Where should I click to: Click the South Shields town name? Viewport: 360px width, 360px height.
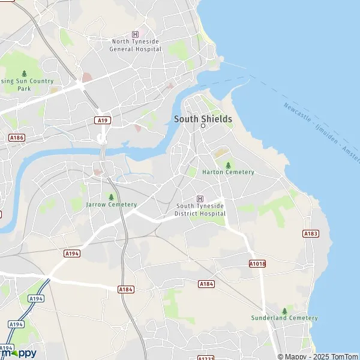click(203, 119)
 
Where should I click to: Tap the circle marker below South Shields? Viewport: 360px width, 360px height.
click(203, 126)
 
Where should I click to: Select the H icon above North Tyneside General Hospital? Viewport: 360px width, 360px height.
click(136, 34)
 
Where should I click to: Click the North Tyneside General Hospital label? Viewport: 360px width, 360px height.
click(136, 45)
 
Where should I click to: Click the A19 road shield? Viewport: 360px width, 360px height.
click(103, 121)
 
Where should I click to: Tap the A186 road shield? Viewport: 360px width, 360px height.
click(17, 138)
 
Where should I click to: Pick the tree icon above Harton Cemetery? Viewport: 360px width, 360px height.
click(228, 164)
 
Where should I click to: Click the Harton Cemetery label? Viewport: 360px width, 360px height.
click(228, 172)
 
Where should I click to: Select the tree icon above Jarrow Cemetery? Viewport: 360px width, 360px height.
click(111, 196)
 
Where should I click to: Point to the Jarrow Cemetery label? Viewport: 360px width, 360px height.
click(111, 205)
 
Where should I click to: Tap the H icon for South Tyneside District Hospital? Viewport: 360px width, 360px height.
click(200, 199)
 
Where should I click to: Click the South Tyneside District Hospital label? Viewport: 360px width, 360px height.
click(200, 210)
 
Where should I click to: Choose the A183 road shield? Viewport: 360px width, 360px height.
click(310, 233)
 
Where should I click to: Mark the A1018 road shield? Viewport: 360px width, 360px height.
click(257, 263)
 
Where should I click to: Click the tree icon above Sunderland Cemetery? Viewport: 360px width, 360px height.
click(284, 310)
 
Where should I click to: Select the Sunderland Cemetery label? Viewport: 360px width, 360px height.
click(284, 318)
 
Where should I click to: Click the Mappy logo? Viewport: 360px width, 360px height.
click(18, 352)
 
